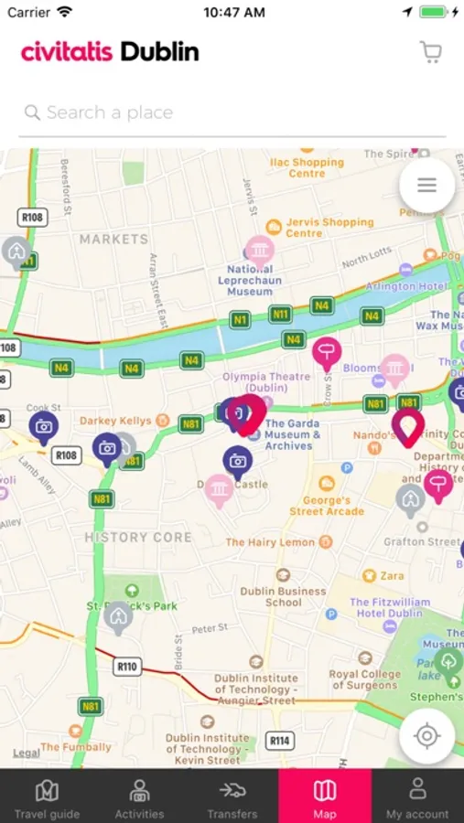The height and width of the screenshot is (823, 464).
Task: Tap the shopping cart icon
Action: [430, 52]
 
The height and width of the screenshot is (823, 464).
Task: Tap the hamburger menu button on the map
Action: [426, 186]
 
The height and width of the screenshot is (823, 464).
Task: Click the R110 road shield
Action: [127, 667]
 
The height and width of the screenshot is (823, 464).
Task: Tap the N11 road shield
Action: [280, 314]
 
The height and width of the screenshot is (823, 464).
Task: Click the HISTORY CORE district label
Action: [138, 538]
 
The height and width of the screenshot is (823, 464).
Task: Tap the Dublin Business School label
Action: [283, 596]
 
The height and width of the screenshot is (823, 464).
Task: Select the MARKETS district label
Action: [113, 240]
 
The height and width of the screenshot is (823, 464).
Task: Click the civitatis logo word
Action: [69, 52]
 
